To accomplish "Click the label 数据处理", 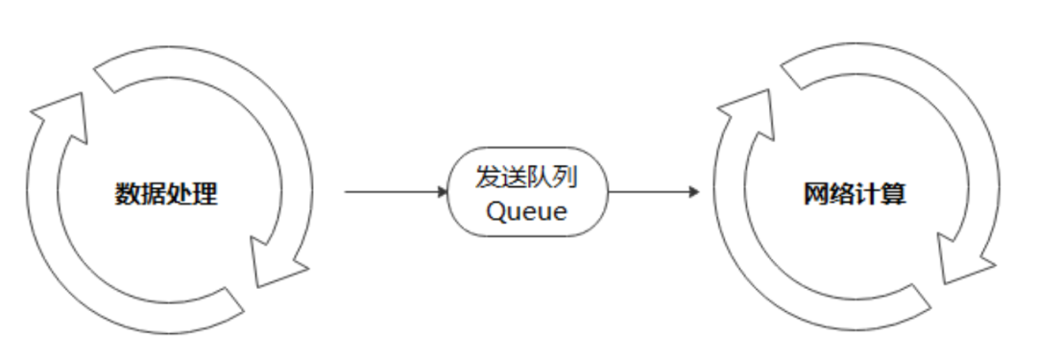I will (167, 194).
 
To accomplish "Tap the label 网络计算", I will (855, 194).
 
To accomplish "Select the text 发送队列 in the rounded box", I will (527, 178).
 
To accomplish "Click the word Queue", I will (527, 211).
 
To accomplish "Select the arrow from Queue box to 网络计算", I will (653, 192).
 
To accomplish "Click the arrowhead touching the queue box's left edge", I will (443, 192).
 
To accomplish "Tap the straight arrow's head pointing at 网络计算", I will (693, 192).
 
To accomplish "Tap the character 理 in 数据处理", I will (205, 194).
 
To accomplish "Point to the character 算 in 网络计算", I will (894, 194).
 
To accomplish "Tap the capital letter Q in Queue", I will (495, 211).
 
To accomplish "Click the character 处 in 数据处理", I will (180, 194).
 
